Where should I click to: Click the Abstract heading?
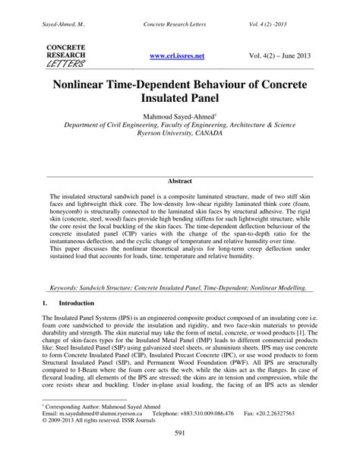[x=180, y=182]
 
